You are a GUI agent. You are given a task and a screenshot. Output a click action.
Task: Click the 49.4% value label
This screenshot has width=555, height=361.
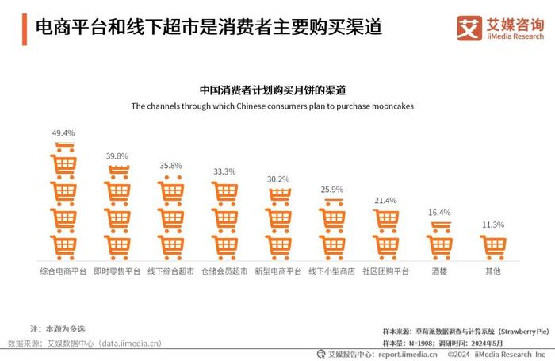click(x=63, y=133)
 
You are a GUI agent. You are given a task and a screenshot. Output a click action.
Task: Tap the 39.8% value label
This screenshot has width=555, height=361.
click(x=117, y=156)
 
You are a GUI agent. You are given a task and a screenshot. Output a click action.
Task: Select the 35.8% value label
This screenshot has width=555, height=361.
click(x=170, y=166)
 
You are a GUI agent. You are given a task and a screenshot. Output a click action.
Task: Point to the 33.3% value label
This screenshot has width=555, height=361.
click(x=224, y=171)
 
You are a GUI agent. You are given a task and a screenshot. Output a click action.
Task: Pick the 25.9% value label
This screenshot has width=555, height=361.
click(x=331, y=190)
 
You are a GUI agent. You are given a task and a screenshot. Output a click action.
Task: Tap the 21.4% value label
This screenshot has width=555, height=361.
click(x=385, y=200)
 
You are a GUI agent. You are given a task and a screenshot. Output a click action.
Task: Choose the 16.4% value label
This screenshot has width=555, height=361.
click(x=438, y=212)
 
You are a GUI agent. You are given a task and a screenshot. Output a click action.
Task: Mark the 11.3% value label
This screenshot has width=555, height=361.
click(x=492, y=225)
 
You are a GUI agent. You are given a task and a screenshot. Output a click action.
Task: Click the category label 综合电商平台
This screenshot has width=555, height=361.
click(x=63, y=271)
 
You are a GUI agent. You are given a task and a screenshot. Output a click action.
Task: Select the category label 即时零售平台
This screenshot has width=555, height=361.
click(x=117, y=271)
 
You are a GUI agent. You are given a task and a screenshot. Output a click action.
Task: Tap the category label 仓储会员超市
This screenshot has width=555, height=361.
click(x=224, y=271)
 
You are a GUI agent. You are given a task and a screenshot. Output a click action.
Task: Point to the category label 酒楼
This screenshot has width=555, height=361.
click(x=438, y=271)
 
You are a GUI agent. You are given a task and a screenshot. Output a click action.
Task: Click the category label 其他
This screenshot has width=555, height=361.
click(x=492, y=271)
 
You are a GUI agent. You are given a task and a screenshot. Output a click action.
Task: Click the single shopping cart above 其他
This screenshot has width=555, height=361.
click(x=492, y=248)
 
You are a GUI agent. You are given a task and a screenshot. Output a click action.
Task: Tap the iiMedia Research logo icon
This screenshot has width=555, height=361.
click(x=470, y=28)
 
